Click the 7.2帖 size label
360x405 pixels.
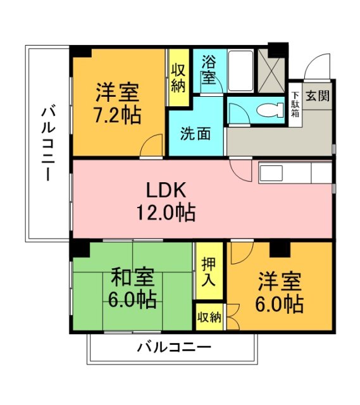[118, 115]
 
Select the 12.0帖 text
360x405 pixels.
[166, 212]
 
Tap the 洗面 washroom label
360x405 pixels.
[196, 134]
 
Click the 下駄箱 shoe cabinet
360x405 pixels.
[295, 105]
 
